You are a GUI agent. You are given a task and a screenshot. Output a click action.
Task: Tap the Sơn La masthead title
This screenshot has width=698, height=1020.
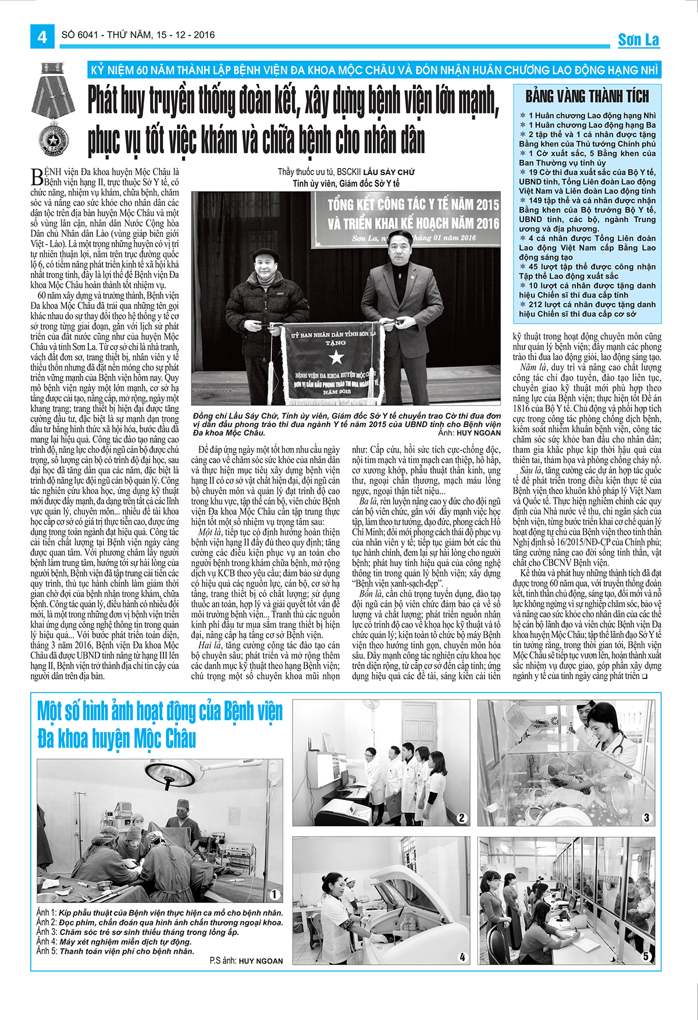638,40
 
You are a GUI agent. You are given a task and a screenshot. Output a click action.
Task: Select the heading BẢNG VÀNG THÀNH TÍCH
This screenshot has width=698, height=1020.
587,96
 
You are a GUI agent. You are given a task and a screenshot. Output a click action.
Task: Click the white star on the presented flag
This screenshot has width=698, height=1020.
336,357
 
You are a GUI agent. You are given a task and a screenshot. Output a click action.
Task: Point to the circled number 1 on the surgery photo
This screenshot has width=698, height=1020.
275,894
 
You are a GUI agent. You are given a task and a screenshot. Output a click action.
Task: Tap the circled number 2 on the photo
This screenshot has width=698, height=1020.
462,818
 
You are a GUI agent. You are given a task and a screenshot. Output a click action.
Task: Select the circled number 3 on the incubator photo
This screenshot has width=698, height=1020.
646,818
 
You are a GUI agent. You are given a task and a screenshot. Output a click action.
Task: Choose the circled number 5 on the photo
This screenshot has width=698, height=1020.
646,956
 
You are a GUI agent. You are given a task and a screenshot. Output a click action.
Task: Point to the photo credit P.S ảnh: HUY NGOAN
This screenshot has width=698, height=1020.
247,961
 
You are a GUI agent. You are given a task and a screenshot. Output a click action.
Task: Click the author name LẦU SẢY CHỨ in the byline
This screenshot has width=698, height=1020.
389,172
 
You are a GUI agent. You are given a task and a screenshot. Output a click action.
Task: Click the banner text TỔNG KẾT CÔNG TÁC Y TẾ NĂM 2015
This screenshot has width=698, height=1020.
413,205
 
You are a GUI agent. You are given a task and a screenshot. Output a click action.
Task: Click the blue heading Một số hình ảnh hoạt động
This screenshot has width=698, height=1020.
160,712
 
